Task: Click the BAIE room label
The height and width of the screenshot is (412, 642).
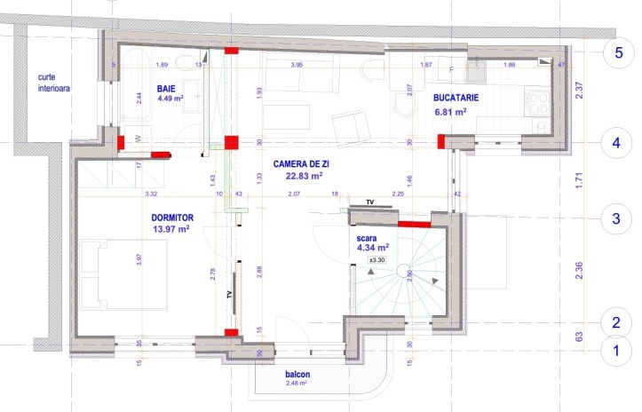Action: pos(166,89)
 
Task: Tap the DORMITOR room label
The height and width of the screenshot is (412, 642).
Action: pos(173,217)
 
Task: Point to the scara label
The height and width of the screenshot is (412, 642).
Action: pos(367,238)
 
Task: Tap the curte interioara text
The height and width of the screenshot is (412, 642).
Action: pos(54,83)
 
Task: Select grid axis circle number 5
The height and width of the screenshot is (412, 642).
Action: pos(617,51)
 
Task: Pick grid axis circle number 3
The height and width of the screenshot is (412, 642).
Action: pos(617,217)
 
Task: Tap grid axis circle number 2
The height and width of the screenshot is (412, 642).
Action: pos(617,322)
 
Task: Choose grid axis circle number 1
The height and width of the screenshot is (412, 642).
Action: pos(617,351)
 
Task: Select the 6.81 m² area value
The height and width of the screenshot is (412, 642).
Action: pos(450,113)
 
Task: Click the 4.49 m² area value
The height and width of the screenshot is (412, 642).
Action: pos(169,99)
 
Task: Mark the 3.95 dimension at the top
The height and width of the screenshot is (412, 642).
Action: pos(298,65)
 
